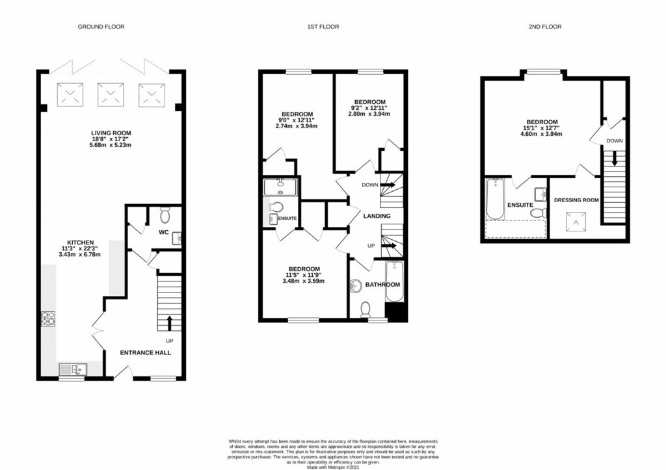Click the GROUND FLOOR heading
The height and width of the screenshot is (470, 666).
[101, 27]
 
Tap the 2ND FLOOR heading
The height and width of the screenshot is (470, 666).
[544, 27]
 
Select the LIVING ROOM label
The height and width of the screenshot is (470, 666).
[111, 133]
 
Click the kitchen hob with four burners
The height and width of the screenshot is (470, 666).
[49, 318]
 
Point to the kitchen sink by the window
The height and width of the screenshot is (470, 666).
[72, 370]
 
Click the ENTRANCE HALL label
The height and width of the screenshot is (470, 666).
[145, 352]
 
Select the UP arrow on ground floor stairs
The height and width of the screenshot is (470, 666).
[170, 322]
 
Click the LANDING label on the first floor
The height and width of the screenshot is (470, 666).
[377, 216]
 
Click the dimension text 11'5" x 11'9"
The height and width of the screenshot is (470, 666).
[303, 275]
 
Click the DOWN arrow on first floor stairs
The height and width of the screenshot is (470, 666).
[388, 185]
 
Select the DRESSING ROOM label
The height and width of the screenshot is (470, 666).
[576, 200]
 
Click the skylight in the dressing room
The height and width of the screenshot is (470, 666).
[575, 224]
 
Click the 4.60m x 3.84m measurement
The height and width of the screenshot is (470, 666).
[541, 134]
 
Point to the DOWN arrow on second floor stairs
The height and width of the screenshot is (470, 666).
[614, 159]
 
